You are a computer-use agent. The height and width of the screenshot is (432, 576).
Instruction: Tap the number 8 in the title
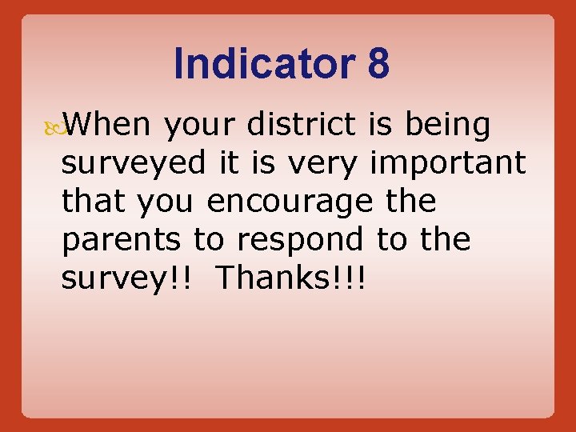pyautogui.click(x=378, y=64)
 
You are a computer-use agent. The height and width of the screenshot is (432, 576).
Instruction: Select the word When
pyautogui.click(x=107, y=125)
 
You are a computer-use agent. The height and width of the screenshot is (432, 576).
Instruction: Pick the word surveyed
pyautogui.click(x=134, y=164)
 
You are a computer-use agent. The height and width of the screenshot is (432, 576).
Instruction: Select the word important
pyautogui.click(x=447, y=164)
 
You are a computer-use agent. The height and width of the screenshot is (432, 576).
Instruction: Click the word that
pyautogui.click(x=94, y=201)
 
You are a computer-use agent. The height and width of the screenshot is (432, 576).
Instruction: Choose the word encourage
pyautogui.click(x=290, y=202)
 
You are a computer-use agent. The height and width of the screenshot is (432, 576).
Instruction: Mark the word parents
pyautogui.click(x=122, y=240)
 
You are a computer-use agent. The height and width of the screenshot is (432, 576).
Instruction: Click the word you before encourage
pyautogui.click(x=165, y=202)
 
